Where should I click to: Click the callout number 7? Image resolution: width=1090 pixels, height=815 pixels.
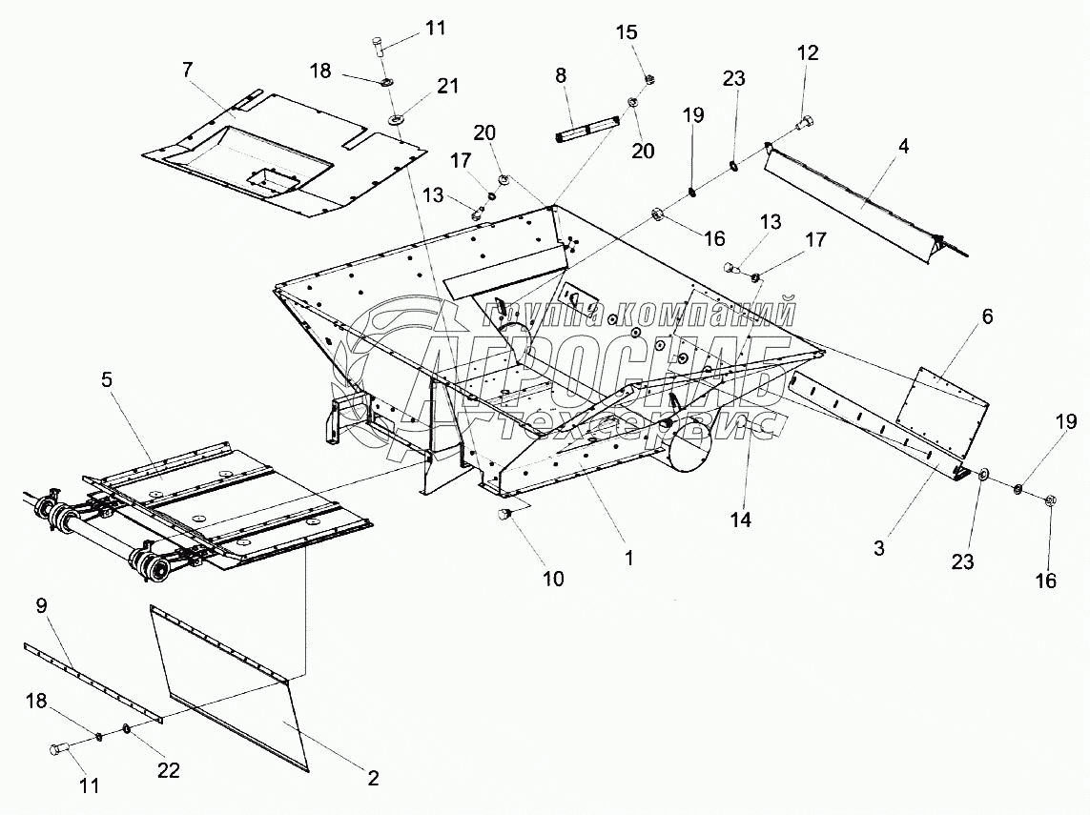click(187, 69)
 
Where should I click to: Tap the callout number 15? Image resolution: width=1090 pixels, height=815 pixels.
click(627, 33)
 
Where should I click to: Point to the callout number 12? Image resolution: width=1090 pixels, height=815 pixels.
click(808, 53)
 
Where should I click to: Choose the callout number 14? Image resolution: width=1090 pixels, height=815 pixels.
click(741, 520)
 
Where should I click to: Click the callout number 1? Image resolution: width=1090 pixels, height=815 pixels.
click(629, 558)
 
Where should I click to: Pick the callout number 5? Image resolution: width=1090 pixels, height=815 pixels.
click(107, 379)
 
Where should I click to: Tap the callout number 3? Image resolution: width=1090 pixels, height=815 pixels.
click(879, 548)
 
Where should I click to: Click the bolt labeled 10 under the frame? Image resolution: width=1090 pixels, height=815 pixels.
click(506, 515)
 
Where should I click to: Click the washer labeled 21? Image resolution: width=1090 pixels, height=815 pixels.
click(395, 120)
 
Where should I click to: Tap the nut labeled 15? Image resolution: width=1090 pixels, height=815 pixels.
click(648, 78)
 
